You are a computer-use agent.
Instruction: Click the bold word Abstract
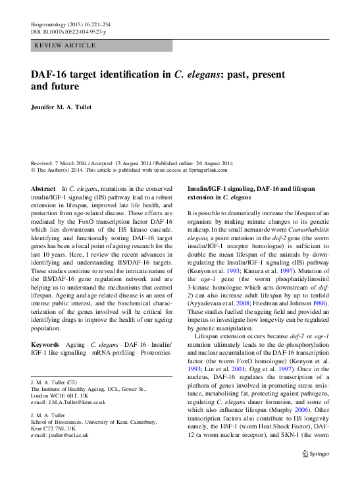(43, 188)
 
